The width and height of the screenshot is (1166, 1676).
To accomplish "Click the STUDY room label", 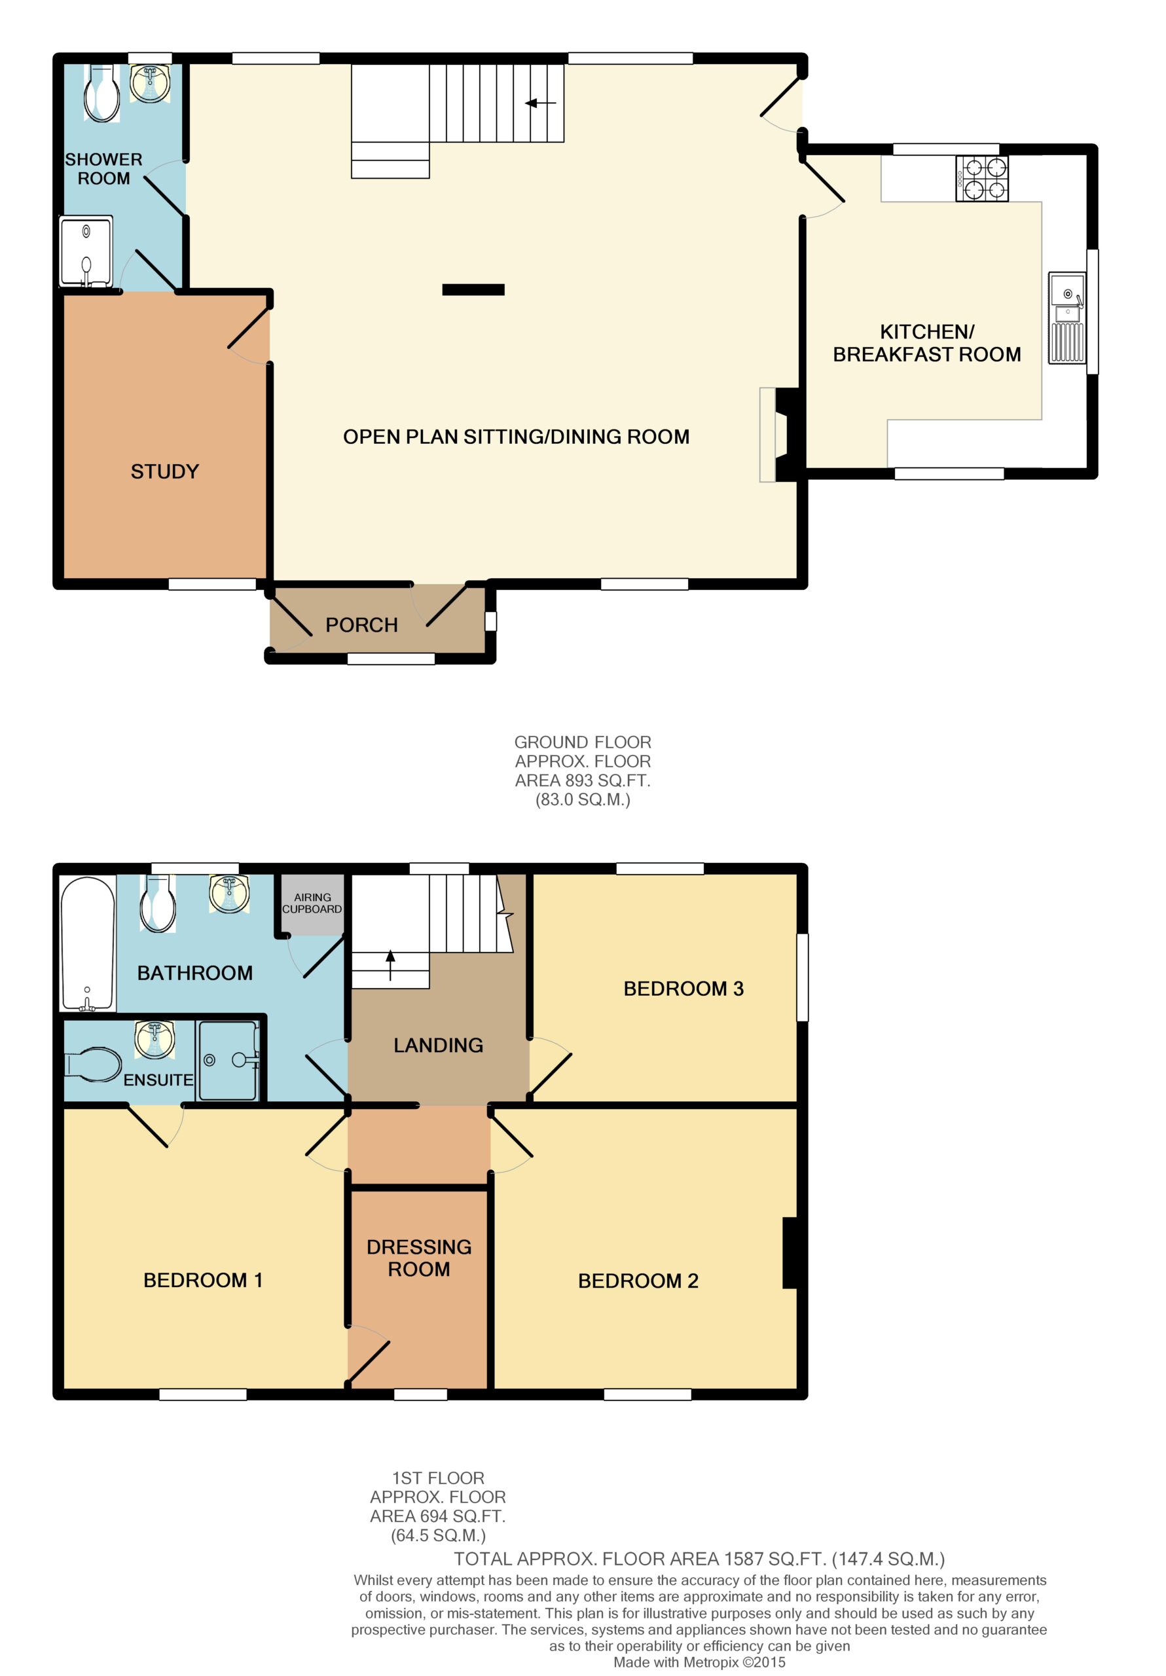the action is [x=164, y=471].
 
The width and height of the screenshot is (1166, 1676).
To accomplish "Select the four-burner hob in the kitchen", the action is [x=981, y=178].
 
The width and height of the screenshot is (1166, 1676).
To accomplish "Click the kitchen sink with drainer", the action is [x=1066, y=318].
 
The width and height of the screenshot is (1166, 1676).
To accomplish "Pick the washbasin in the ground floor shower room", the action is [x=150, y=82].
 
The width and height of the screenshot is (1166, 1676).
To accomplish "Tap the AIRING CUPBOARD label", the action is [x=312, y=903].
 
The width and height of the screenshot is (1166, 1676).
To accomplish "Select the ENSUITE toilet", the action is [x=93, y=1065].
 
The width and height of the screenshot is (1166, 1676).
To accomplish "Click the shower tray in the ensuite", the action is [x=228, y=1060].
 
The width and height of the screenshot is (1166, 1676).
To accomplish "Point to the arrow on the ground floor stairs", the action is [x=541, y=103].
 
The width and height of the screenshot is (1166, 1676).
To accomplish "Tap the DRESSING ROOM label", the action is [x=419, y=1258].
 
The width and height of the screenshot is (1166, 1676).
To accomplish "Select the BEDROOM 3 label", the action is [x=683, y=989].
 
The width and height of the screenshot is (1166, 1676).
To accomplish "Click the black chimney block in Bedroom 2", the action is [x=790, y=1252].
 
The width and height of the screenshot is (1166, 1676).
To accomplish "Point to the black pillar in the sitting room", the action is [x=473, y=290].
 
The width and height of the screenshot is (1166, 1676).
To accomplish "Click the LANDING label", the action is [x=438, y=1046].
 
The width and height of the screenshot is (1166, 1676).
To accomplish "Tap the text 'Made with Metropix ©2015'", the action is [x=699, y=1662].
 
